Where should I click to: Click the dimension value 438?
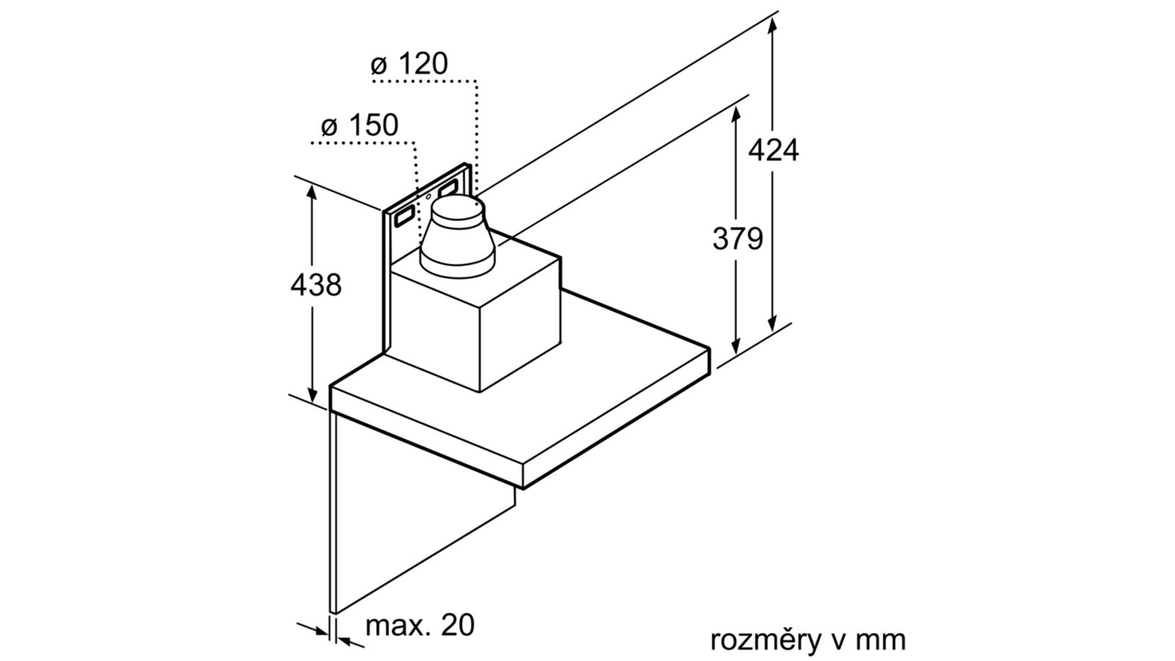(x=316, y=286)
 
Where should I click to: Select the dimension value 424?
(x=773, y=151)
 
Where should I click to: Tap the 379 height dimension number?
(x=737, y=239)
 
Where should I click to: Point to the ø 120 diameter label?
(x=409, y=64)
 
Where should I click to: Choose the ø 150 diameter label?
(x=360, y=126)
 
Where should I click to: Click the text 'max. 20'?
(x=419, y=625)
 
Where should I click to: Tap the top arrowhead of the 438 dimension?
(x=312, y=192)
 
